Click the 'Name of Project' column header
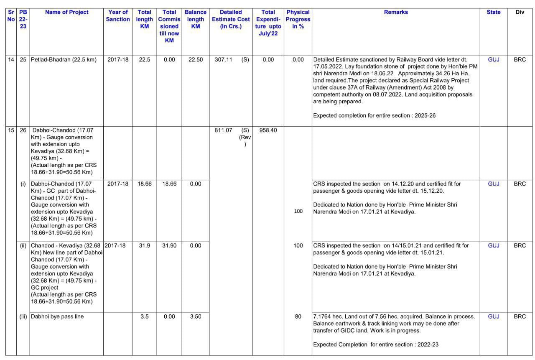(66, 13)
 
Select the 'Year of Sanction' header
(118, 16)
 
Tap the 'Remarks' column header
(395, 13)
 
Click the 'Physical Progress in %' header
(298, 19)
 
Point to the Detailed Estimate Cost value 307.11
(223, 60)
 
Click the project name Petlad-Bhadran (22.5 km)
(64, 60)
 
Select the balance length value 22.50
(196, 60)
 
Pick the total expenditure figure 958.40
(268, 130)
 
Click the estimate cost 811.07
(223, 130)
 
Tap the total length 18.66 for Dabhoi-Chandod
(144, 184)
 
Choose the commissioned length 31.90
(169, 246)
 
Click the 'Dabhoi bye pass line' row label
(57, 317)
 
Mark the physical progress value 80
(298, 317)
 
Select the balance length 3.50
(196, 317)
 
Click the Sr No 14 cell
(11, 60)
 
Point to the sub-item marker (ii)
(23, 246)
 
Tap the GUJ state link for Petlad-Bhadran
(494, 60)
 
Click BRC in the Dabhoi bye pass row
(520, 317)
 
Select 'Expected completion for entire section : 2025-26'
(374, 116)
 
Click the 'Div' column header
(520, 13)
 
